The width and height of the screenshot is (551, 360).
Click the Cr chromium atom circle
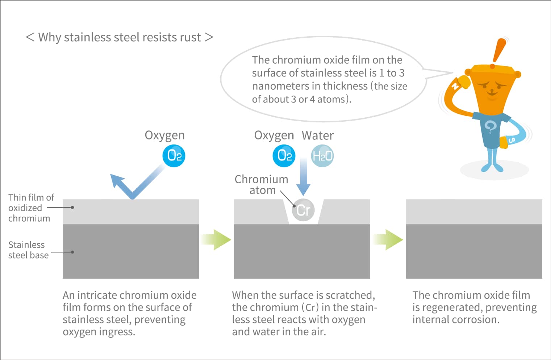[x=303, y=210]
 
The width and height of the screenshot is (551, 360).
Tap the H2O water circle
[x=322, y=156]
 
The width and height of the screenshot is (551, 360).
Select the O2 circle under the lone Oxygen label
[x=174, y=156]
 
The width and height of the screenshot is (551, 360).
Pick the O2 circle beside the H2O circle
[x=284, y=156]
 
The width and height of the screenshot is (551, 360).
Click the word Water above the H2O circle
[x=318, y=135]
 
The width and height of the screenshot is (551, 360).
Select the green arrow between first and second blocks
[x=216, y=239]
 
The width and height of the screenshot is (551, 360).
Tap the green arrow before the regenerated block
[x=388, y=239]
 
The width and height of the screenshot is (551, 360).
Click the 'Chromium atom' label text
[x=262, y=185]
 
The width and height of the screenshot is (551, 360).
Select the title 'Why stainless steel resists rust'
[x=119, y=37]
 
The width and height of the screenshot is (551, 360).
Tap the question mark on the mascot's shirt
[x=491, y=127]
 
